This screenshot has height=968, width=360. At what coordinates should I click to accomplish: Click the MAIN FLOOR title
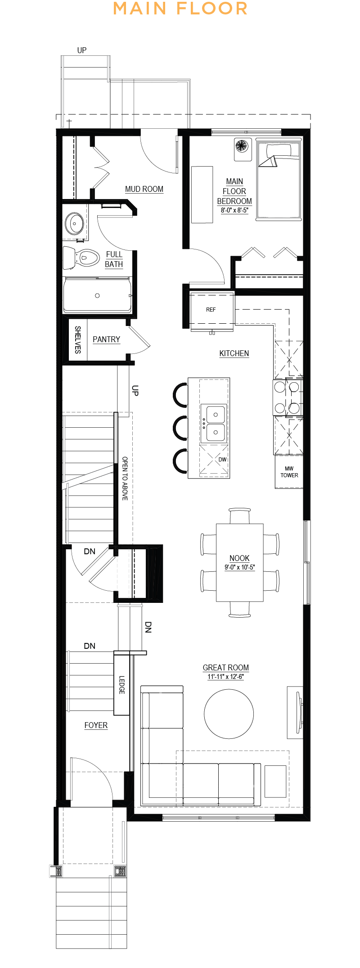pyautogui.click(x=180, y=9)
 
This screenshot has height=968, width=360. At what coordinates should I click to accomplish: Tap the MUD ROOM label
pyautogui.click(x=144, y=189)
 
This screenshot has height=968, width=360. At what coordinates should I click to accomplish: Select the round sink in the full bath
pyautogui.click(x=74, y=222)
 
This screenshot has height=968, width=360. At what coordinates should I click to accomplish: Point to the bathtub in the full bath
pyautogui.click(x=97, y=296)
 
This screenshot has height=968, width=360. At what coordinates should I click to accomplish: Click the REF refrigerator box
pyautogui.click(x=211, y=310)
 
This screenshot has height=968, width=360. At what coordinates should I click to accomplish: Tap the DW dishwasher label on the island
pyautogui.click(x=222, y=460)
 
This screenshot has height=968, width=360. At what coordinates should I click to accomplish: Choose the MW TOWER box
pyautogui.click(x=289, y=472)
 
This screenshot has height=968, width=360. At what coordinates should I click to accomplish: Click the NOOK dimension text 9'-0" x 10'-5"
pyautogui.click(x=239, y=567)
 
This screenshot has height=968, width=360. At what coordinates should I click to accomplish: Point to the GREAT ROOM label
pyautogui.click(x=225, y=668)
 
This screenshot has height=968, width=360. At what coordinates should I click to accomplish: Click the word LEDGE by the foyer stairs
pyautogui.click(x=121, y=684)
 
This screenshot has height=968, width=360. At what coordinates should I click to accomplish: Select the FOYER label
pyautogui.click(x=96, y=725)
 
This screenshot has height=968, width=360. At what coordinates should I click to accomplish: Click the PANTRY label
pyautogui.click(x=106, y=339)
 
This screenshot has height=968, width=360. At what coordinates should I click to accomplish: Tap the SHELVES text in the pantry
pyautogui.click(x=77, y=340)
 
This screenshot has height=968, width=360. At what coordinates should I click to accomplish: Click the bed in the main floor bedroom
pyautogui.click(x=278, y=180)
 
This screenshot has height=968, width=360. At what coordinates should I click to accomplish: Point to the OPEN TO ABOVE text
pyautogui.click(x=125, y=478)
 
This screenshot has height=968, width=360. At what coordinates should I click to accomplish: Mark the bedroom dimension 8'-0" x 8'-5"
pyautogui.click(x=234, y=210)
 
